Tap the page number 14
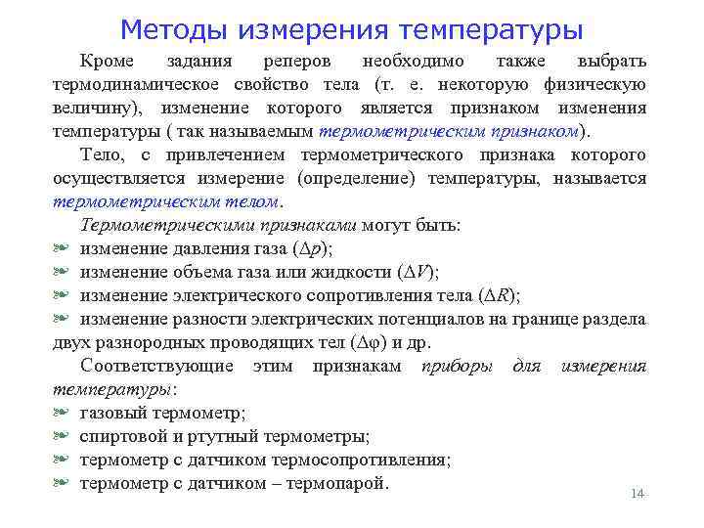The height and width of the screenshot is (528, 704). click(638, 494)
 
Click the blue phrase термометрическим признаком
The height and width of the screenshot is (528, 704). click(449, 131)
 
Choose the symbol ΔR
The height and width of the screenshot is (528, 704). click(499, 295)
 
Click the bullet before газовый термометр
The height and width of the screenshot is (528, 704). click(62, 413)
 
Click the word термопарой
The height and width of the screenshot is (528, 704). click(336, 483)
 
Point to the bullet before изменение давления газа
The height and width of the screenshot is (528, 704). click(62, 248)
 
